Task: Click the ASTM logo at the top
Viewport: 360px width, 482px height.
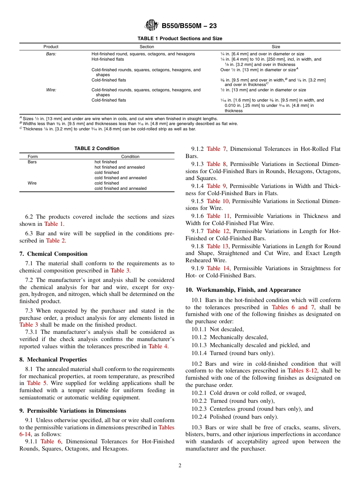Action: (152, 26)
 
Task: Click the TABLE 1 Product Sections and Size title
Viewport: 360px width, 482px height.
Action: (180, 39)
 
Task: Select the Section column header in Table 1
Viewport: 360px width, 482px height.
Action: (147, 47)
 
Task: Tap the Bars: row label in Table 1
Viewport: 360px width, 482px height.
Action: (51, 54)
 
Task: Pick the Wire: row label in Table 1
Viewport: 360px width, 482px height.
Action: (51, 90)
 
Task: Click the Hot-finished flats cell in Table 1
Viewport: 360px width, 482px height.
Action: (108, 59)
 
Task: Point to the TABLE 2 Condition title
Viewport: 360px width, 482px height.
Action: (97, 149)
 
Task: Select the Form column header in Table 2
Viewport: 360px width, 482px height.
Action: (33, 156)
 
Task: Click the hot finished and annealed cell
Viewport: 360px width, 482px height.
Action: (119, 167)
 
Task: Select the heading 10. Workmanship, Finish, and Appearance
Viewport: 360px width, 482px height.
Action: (243, 290)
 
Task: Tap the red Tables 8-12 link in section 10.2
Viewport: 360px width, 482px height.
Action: (301, 371)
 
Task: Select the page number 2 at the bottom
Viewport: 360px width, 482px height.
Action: (180, 466)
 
